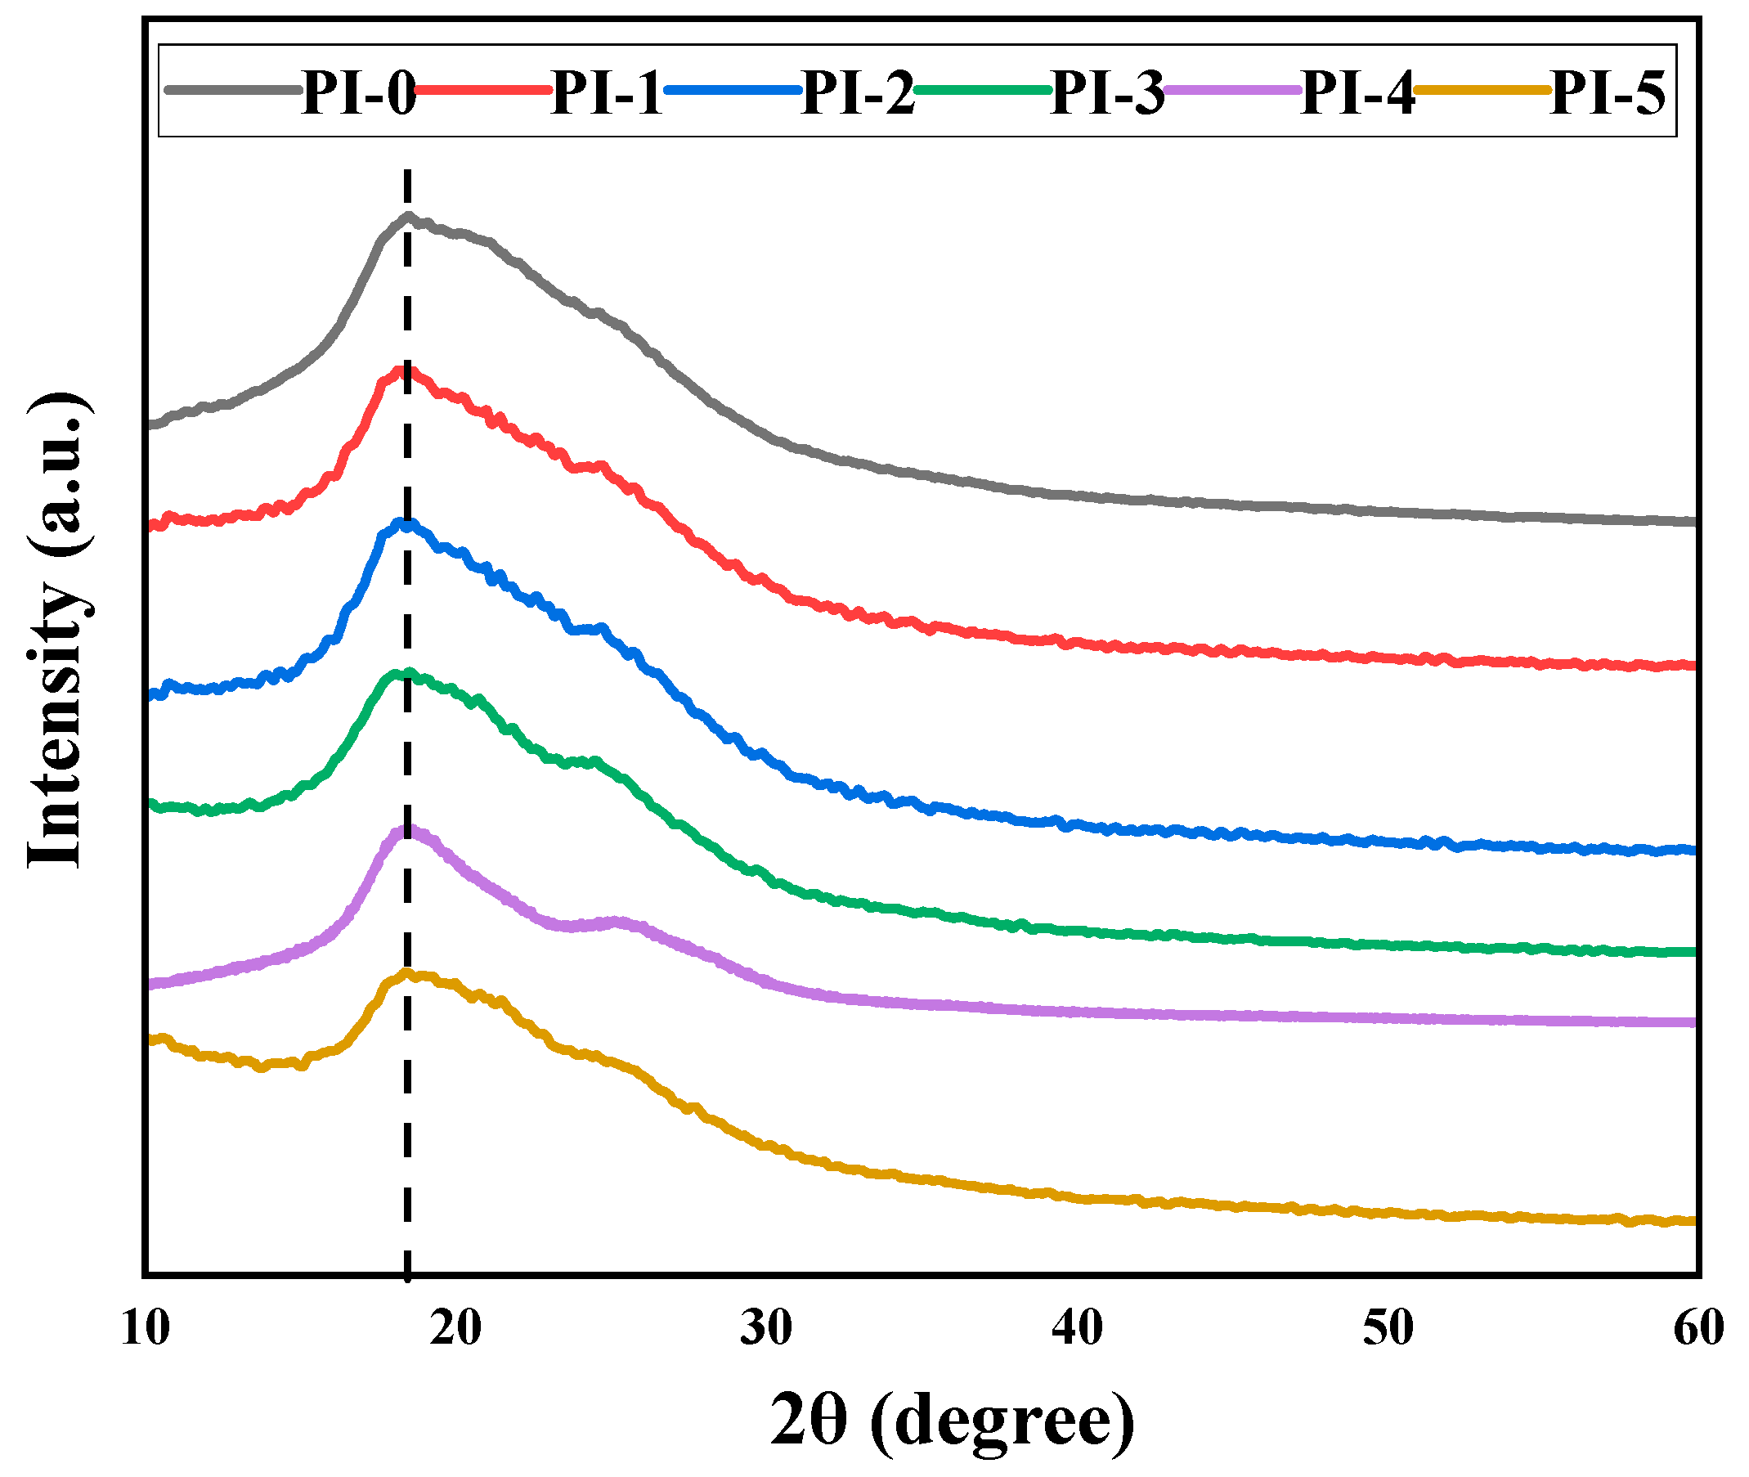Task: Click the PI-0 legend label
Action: (358, 92)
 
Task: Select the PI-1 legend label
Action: (608, 92)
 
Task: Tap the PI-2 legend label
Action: (859, 92)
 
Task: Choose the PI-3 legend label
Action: (1108, 92)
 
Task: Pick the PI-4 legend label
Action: (1358, 92)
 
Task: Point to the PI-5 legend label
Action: (1608, 92)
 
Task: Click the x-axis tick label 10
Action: (146, 1328)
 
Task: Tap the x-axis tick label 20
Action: (456, 1328)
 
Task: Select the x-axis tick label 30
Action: (767, 1328)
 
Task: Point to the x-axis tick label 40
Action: (1078, 1328)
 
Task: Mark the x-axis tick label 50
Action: (1388, 1328)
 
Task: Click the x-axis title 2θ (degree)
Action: (952, 1420)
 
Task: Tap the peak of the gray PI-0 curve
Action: (408, 216)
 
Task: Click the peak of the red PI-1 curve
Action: (405, 370)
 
